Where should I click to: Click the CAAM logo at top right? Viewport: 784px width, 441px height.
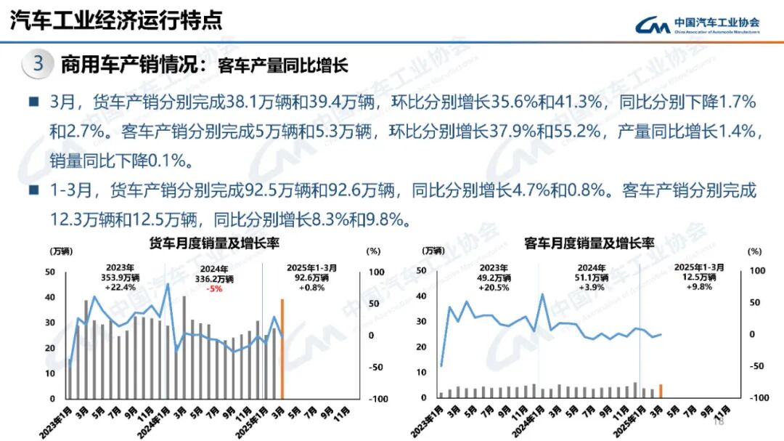[x=696, y=25]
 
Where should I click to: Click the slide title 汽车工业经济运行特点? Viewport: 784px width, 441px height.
[x=116, y=20]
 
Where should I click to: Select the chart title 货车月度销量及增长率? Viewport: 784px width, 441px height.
[x=214, y=243]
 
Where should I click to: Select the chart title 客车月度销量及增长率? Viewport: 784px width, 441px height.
[x=589, y=243]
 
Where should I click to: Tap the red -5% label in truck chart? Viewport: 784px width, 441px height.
[x=214, y=288]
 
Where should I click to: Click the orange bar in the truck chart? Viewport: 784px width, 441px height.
[x=283, y=349]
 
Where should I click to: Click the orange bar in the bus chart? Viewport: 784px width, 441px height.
[x=660, y=392]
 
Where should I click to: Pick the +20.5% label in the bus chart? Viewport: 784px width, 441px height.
[x=494, y=287]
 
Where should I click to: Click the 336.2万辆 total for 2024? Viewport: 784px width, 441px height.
[x=213, y=278]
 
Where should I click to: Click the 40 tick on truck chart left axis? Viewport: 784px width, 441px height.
[x=50, y=297]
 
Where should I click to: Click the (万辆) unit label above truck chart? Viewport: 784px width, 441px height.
[x=60, y=251]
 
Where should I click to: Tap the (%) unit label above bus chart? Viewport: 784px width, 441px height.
[x=756, y=251]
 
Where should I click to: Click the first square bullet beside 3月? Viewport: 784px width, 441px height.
[x=33, y=103]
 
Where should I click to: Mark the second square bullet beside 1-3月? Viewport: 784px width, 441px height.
[x=33, y=191]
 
